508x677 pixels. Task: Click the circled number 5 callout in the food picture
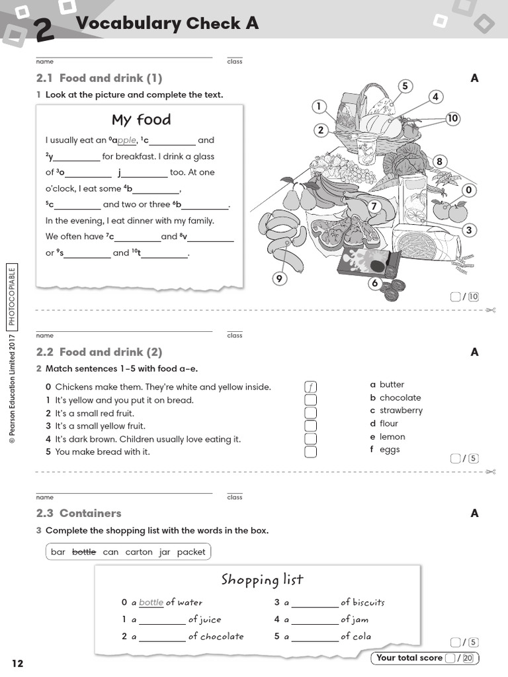(x=405, y=86)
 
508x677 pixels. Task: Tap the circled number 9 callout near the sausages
(x=279, y=279)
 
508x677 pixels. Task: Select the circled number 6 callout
(x=374, y=284)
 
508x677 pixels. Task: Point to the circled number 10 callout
(x=452, y=119)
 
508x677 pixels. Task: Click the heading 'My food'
(x=141, y=120)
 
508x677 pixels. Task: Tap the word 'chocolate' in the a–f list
(x=400, y=397)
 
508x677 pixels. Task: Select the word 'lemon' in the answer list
(x=392, y=436)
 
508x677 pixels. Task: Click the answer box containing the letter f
(x=310, y=387)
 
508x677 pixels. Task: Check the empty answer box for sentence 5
(x=310, y=452)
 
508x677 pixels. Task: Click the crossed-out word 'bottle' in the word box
(x=84, y=552)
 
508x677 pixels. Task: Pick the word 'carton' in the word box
(x=138, y=552)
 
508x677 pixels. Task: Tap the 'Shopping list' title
(x=262, y=580)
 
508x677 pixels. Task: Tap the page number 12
(x=17, y=663)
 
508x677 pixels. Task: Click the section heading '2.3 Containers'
(x=79, y=513)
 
